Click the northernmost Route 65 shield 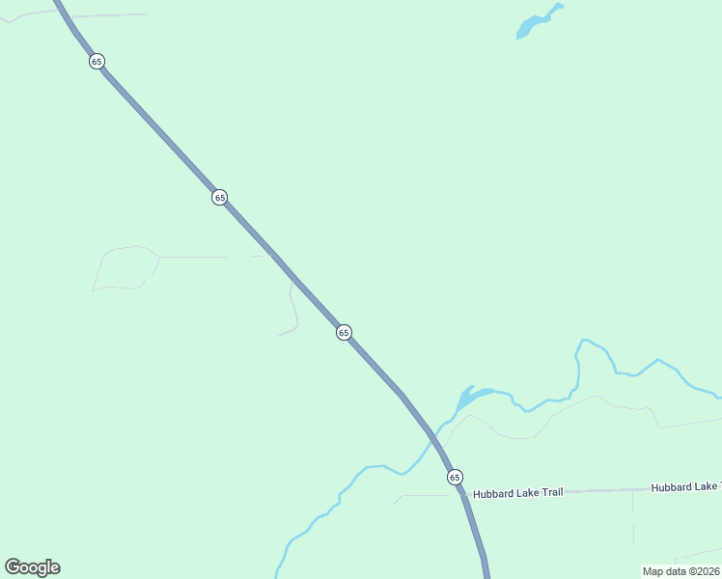[x=97, y=61]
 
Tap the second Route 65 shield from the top [x=220, y=197]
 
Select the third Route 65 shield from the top [x=344, y=332]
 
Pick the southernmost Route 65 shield [x=455, y=477]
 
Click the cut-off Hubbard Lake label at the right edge [x=685, y=487]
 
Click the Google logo [x=32, y=567]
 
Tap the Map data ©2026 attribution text [x=681, y=571]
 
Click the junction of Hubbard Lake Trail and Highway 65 [x=461, y=493]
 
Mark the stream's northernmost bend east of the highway [x=586, y=341]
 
